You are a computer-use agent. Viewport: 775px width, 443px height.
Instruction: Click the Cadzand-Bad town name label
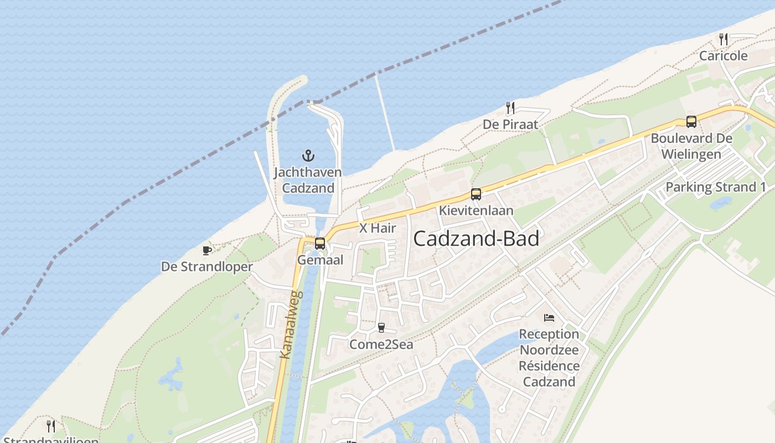[x=476, y=239]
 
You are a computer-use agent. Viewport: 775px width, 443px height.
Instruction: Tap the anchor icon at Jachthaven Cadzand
[x=308, y=156]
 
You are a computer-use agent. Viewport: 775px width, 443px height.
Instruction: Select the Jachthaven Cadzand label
[x=308, y=180]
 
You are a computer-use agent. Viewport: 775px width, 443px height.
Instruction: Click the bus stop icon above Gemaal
[x=320, y=243]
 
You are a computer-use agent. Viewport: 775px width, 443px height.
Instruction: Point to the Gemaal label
[x=320, y=260]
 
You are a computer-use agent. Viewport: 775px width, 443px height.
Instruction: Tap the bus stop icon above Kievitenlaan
[x=476, y=194]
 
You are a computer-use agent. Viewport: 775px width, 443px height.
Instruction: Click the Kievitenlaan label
[x=476, y=210]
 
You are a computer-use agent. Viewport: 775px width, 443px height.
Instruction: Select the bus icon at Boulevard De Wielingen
[x=691, y=122]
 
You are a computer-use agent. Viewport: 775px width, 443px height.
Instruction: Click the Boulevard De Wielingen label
[x=691, y=146]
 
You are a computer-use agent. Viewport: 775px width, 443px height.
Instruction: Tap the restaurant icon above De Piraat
[x=510, y=107]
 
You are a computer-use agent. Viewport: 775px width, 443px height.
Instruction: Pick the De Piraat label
[x=510, y=124]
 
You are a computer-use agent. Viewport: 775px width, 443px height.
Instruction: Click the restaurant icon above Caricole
[x=724, y=39]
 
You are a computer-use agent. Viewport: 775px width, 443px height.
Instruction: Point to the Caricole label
[x=724, y=55]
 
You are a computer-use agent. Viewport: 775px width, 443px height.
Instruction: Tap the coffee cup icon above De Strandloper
[x=207, y=250]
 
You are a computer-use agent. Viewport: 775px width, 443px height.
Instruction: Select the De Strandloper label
[x=207, y=267]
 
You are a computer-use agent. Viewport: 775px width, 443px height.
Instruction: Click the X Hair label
[x=378, y=228]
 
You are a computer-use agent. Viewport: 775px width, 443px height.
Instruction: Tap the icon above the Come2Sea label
[x=381, y=328]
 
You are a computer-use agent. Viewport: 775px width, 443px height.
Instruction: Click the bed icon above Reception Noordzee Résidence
[x=549, y=318]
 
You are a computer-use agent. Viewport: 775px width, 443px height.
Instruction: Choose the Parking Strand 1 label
[x=716, y=187]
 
